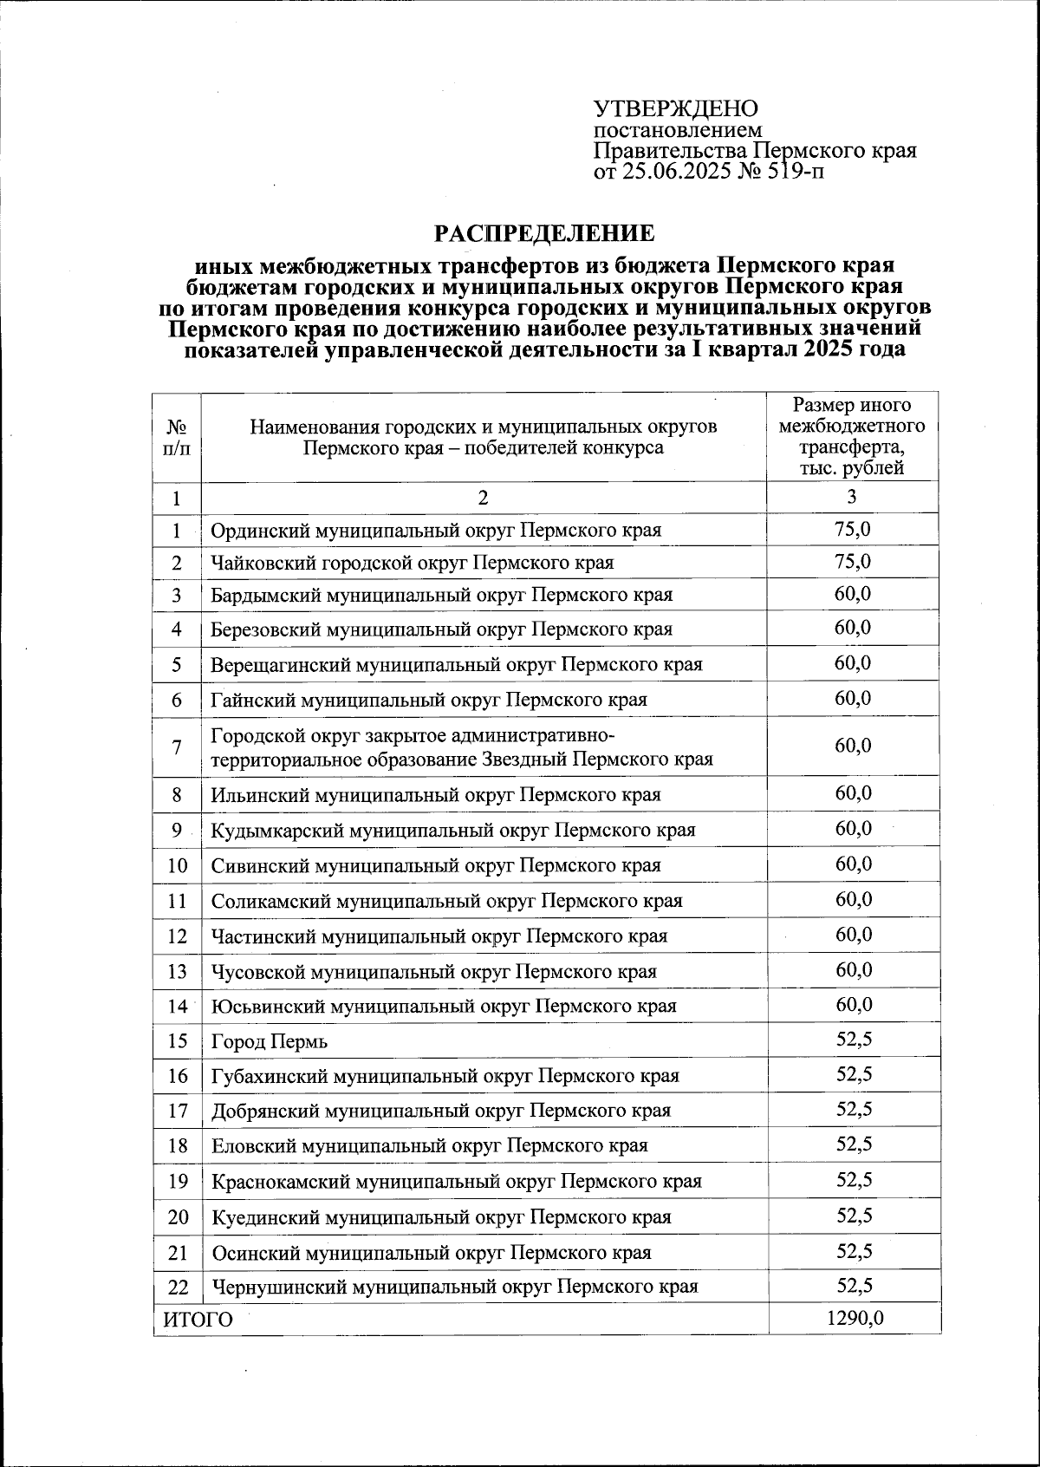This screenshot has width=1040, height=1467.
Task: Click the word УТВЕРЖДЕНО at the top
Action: coord(675,109)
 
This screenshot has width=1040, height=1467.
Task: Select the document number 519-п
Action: coord(795,172)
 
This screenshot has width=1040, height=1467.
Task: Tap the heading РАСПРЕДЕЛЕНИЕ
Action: coord(544,234)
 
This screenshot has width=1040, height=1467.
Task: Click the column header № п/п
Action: coord(177,438)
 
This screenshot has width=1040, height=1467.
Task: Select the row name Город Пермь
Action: coord(270,1041)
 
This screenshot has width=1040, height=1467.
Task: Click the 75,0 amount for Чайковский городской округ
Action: coord(853,561)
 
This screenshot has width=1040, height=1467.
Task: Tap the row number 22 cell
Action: coord(177,1287)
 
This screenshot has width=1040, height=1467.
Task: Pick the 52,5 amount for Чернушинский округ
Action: coord(854,1285)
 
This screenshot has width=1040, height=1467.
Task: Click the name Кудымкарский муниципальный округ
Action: coord(453,830)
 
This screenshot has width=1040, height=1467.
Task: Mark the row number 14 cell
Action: coord(177,1006)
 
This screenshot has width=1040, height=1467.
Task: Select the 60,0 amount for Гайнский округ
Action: coord(853,698)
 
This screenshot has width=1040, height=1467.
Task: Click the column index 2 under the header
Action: coord(483,497)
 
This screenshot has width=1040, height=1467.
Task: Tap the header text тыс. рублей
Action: coord(852,468)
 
